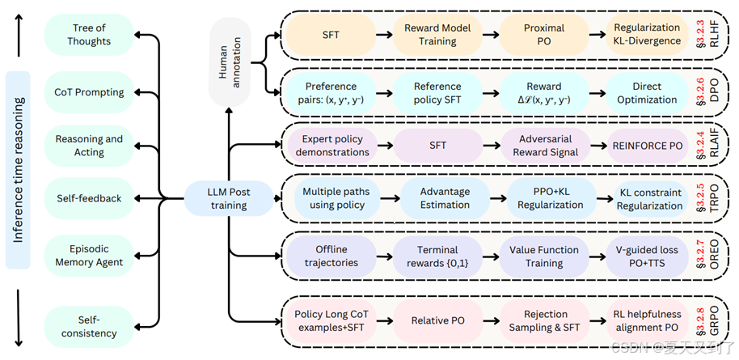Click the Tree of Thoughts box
pyautogui.click(x=89, y=35)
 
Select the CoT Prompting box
pyautogui.click(x=89, y=92)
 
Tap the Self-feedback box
pyautogui.click(x=89, y=199)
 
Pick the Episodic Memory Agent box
pyautogui.click(x=89, y=256)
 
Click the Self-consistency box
pyautogui.click(x=89, y=327)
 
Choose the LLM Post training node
pyautogui.click(x=228, y=199)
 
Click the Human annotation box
pyautogui.click(x=230, y=62)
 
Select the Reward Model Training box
pyautogui.click(x=437, y=35)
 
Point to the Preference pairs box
pyautogui.click(x=331, y=93)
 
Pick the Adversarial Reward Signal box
pyautogui.click(x=545, y=146)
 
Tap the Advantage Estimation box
pyautogui.click(x=445, y=198)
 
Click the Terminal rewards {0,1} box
pyautogui.click(x=437, y=256)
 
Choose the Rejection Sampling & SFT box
pyautogui.click(x=545, y=321)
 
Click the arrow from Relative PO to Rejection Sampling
pyautogui.click(x=492, y=321)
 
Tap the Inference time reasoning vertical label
pyautogui.click(x=18, y=171)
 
